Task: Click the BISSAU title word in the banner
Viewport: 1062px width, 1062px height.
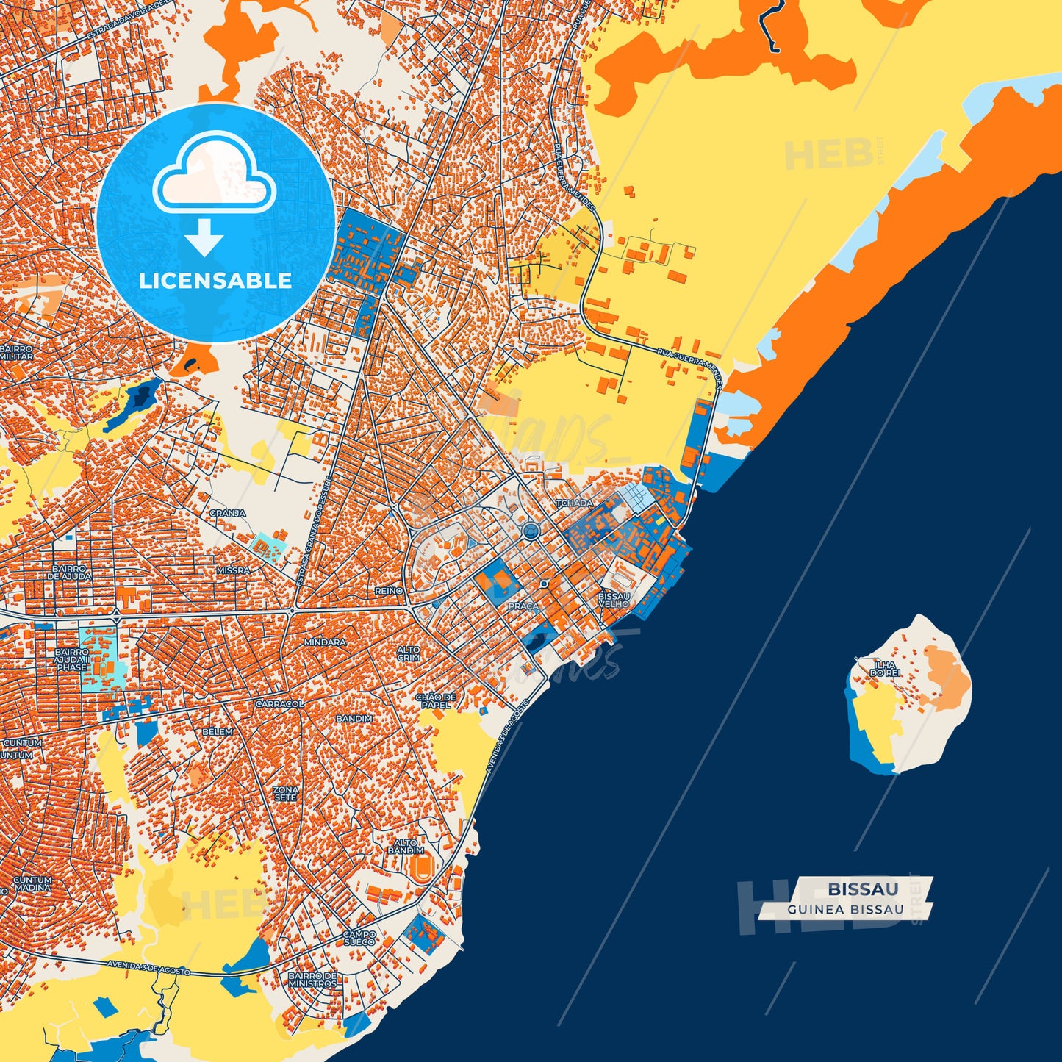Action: [x=863, y=889]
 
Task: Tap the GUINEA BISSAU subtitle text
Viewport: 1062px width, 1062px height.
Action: [x=845, y=909]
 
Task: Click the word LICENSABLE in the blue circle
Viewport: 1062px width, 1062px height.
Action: [x=215, y=281]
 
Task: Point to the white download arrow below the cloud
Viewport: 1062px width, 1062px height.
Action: [x=204, y=237]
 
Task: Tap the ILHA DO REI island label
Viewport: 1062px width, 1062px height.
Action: [x=884, y=669]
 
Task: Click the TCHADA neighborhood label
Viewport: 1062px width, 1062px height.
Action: [x=574, y=503]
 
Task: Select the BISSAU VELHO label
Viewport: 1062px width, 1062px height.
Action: [x=614, y=600]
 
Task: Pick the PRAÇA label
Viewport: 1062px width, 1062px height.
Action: [x=523, y=606]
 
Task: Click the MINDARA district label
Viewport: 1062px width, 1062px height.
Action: [x=325, y=642]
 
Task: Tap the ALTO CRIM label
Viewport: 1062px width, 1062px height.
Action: [x=409, y=653]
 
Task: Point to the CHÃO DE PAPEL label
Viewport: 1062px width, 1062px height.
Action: [x=436, y=700]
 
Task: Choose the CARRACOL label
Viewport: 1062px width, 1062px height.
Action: [x=280, y=703]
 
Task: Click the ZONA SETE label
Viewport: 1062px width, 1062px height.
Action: [x=286, y=794]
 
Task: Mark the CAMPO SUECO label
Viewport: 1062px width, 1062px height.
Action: [x=359, y=939]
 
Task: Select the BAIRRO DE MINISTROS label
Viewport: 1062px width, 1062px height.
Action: [x=312, y=980]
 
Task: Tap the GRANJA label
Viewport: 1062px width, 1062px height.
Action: [x=228, y=513]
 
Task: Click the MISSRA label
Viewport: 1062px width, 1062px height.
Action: [x=233, y=570]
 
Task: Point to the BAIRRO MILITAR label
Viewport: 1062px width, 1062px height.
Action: [x=16, y=352]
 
